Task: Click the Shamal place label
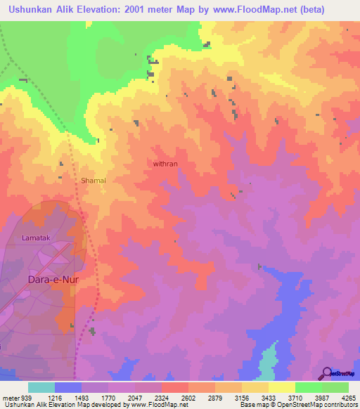[93, 181]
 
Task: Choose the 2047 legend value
[134, 397]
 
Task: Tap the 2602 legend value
[188, 397]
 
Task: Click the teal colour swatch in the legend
[41, 387]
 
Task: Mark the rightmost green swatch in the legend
[335, 387]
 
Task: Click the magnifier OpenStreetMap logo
[327, 372]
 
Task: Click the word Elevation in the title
[118, 9]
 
